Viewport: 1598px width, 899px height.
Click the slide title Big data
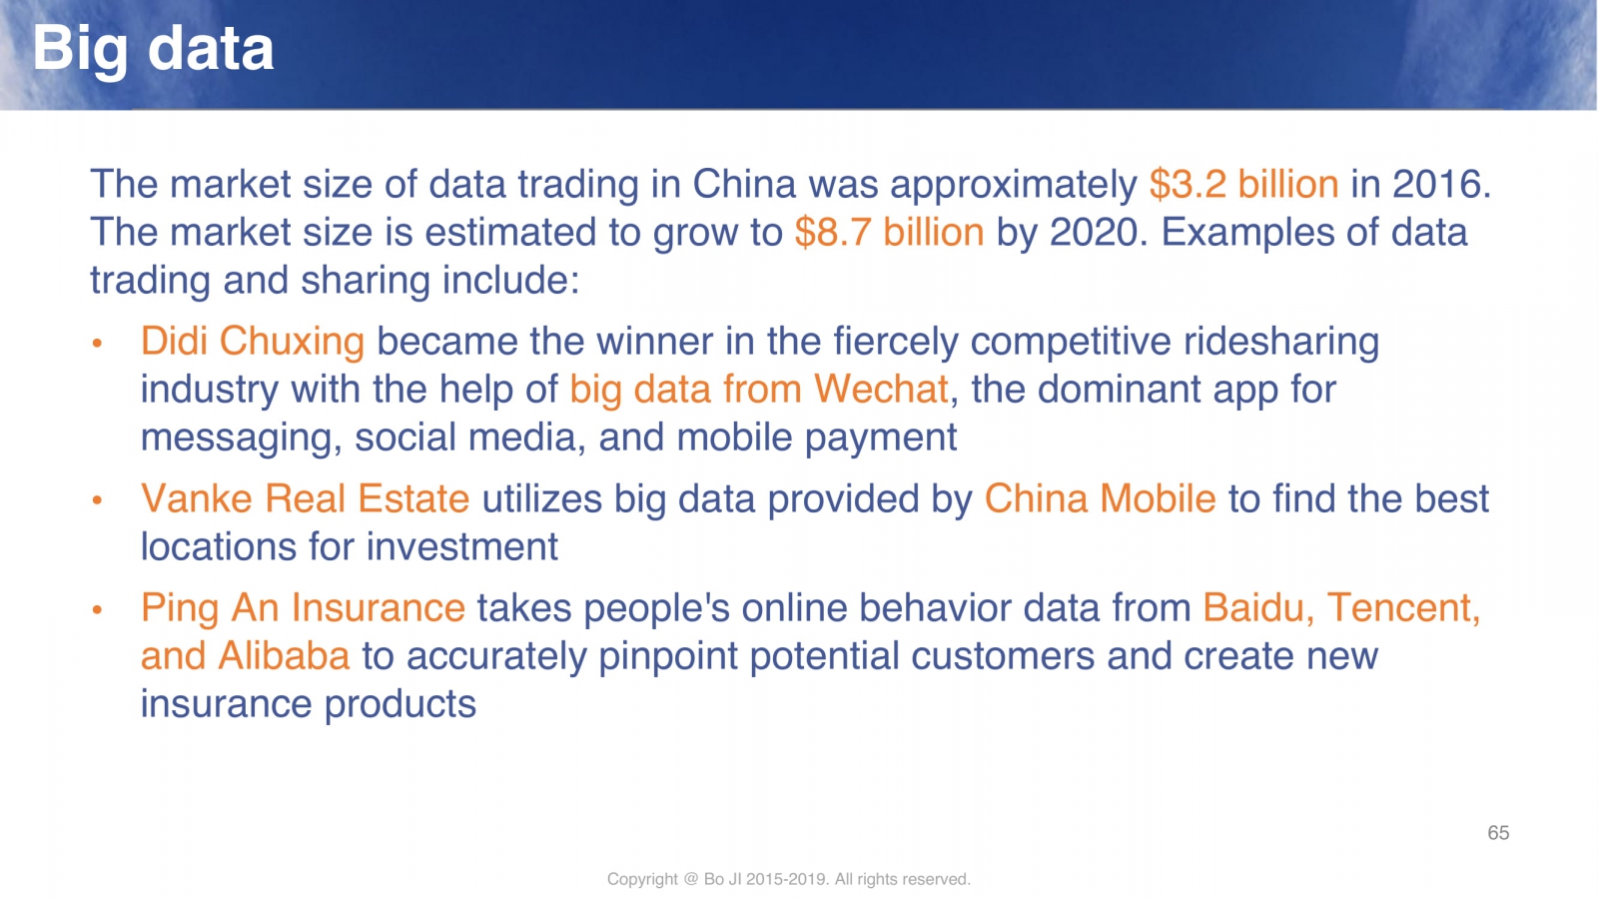(153, 50)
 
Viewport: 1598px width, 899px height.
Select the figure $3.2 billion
(1243, 185)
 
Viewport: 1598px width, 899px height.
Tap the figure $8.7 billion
(889, 233)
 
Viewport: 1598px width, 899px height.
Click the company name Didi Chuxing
(252, 341)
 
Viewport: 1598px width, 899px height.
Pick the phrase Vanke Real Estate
(305, 498)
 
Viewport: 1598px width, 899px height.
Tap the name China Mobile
(1100, 498)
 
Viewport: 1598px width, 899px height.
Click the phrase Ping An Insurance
(303, 608)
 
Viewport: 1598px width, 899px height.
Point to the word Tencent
(1403, 608)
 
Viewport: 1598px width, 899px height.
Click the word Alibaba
(284, 655)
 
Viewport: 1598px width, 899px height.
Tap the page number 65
(1498, 833)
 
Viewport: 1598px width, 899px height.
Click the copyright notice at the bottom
(788, 879)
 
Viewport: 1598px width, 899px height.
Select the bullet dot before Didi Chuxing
(98, 344)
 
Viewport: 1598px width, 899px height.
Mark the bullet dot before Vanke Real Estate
(98, 500)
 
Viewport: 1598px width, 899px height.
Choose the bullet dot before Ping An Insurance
(98, 610)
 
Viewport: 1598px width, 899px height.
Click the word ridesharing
(1281, 342)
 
